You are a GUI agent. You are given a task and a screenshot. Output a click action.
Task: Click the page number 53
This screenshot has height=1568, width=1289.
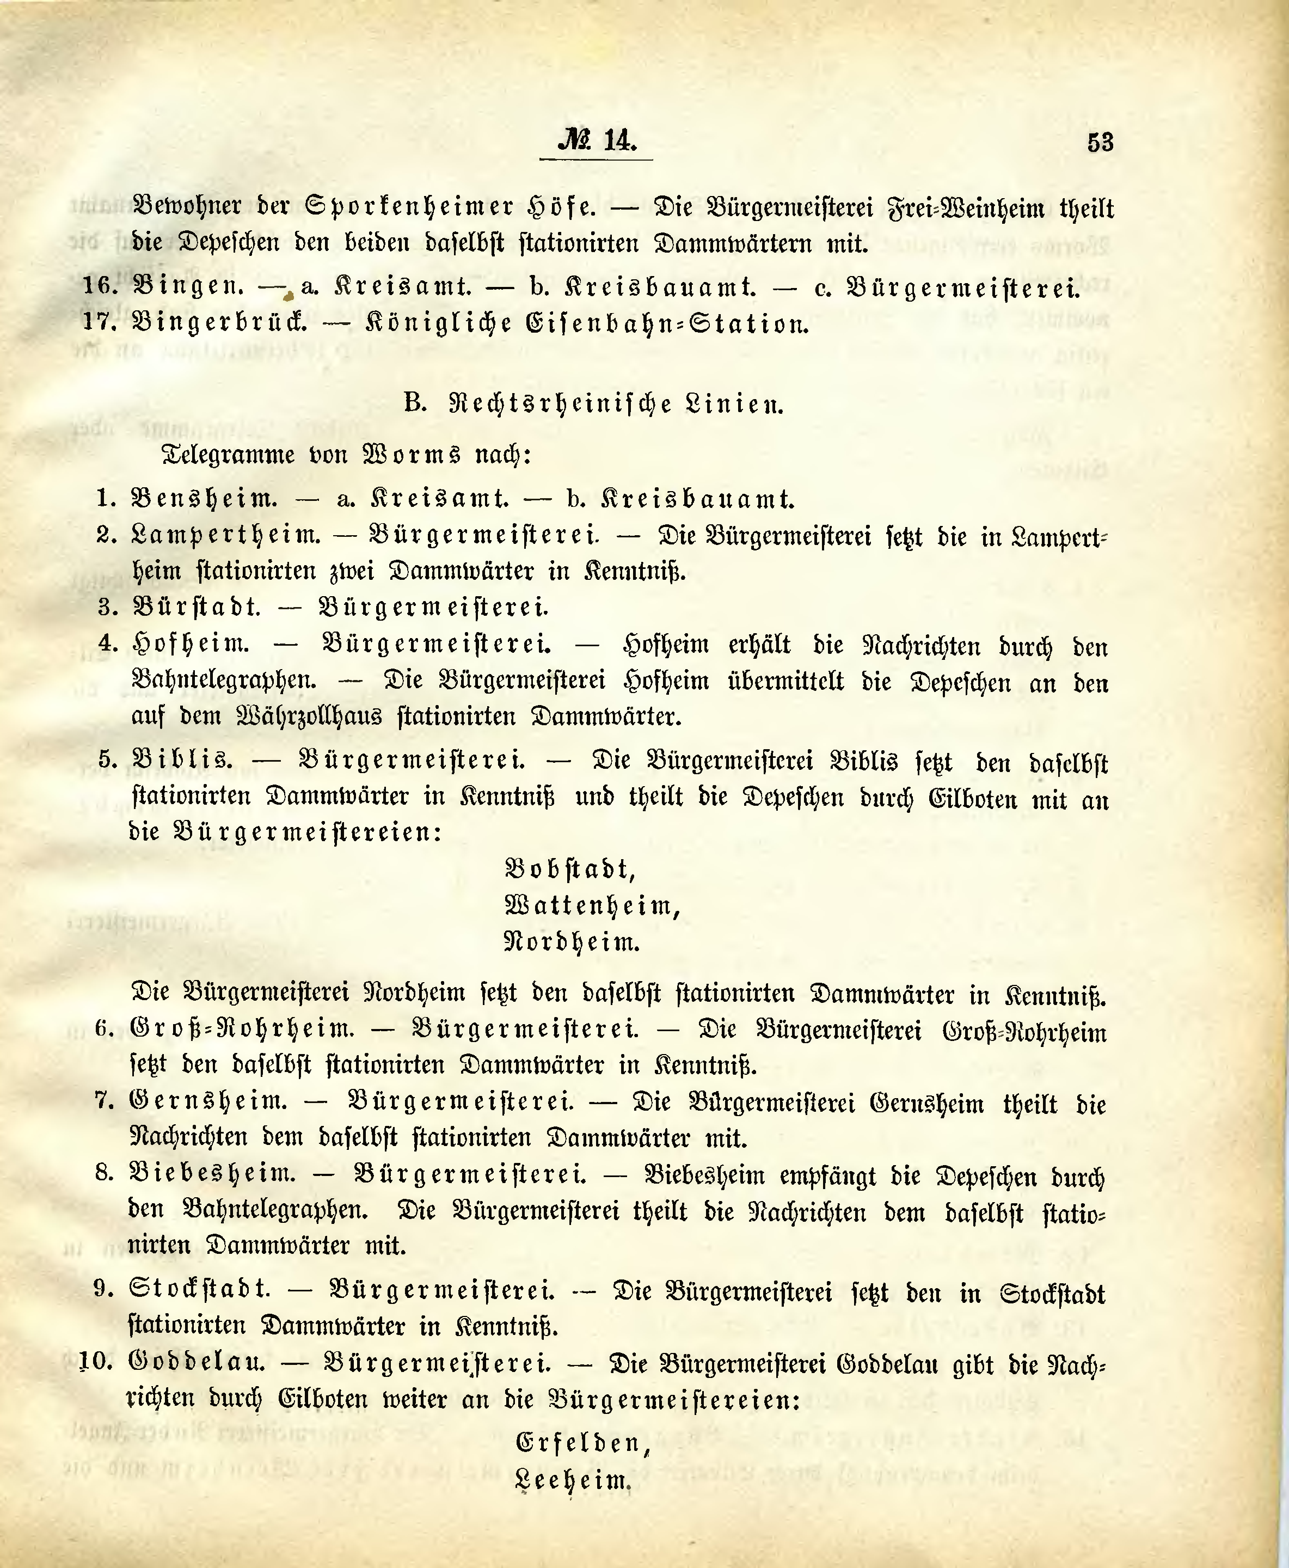click(1100, 143)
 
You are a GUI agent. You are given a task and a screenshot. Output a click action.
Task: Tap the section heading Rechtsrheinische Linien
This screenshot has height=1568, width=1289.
click(616, 405)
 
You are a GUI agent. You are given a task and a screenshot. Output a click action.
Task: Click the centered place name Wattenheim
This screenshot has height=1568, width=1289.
click(592, 906)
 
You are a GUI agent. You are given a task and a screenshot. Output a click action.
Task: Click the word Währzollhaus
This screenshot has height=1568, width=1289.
click(310, 718)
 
